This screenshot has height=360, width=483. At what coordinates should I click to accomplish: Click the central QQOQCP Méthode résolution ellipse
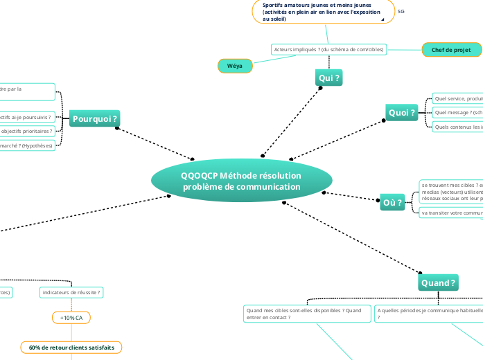coord(241,181)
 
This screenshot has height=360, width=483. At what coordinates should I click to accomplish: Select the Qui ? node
coord(328,78)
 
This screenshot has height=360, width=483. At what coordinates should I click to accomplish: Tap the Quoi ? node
coord(402,112)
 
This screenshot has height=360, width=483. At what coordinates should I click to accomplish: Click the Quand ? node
coord(439,283)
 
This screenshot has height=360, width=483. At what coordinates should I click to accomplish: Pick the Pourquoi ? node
coord(95,119)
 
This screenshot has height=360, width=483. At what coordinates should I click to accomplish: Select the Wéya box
coord(234,65)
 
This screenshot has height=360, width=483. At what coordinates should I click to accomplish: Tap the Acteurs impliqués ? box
coord(328,49)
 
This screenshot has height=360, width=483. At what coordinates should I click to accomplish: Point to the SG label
coord(401,12)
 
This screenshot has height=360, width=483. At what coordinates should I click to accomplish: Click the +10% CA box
coord(71,317)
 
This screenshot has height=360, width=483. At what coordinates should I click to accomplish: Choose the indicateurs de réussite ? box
coord(71,293)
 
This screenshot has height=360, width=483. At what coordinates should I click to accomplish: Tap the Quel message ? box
coord(457,112)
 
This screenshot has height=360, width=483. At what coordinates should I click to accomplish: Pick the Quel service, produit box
coord(457,98)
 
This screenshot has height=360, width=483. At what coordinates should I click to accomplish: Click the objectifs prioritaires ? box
coord(27,131)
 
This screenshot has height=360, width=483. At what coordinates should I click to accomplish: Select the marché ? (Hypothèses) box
coord(27,145)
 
